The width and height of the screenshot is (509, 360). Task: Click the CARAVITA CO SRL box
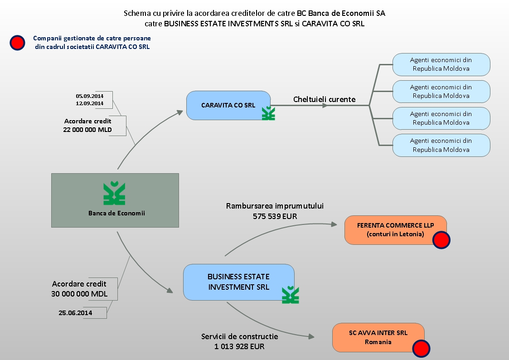click(228, 105)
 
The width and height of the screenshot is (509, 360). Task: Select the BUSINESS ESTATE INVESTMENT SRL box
click(238, 282)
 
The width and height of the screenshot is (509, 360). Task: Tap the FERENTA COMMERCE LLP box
click(395, 229)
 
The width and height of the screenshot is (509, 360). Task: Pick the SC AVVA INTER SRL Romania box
click(378, 337)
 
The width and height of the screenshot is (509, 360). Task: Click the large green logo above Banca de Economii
click(114, 194)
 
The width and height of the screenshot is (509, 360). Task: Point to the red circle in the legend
click(17, 43)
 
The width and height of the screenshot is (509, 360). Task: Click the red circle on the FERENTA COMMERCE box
click(441, 240)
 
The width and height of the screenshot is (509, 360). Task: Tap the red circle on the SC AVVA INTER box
click(422, 348)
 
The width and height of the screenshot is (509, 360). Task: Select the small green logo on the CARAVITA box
click(268, 113)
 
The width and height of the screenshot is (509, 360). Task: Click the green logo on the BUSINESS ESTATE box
click(291, 295)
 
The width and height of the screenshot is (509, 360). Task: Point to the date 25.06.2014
click(75, 312)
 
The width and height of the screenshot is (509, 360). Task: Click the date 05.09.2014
click(90, 96)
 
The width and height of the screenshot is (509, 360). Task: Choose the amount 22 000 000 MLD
click(88, 129)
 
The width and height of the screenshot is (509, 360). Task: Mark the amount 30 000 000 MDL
click(79, 293)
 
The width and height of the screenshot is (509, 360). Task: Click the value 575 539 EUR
click(275, 216)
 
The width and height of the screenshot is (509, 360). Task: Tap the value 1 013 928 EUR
click(239, 346)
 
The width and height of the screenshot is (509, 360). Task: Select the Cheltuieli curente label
click(324, 99)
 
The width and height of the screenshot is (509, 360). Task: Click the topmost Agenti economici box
click(441, 64)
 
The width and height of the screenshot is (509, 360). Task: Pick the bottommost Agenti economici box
click(441, 145)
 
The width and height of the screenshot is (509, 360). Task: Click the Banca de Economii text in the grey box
click(116, 213)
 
